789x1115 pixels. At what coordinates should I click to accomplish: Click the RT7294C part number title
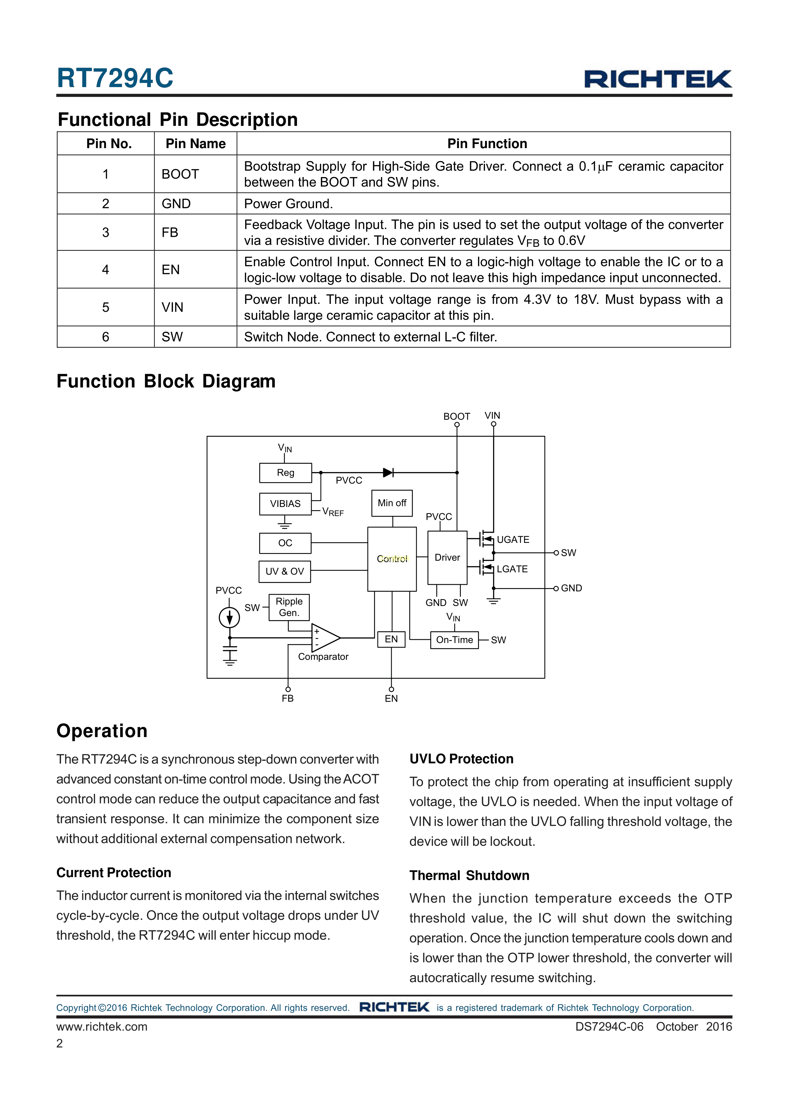[x=115, y=78]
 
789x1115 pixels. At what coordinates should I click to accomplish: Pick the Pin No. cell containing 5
[x=106, y=307]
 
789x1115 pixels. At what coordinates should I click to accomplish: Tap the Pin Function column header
[x=487, y=144]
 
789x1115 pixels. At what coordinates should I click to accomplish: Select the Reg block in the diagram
[x=286, y=473]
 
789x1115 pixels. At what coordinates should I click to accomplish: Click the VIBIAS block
[x=285, y=503]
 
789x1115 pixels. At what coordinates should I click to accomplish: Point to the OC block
[x=285, y=543]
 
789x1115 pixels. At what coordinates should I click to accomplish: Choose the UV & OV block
[x=285, y=571]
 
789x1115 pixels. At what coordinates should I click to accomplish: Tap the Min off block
[x=392, y=503]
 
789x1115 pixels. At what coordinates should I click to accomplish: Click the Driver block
[x=447, y=557]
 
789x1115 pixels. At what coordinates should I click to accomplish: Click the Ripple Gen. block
[x=289, y=607]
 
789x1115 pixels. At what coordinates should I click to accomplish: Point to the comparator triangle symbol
[x=325, y=638]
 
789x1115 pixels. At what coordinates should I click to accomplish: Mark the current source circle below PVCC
[x=229, y=618]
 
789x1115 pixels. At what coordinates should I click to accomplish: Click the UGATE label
[x=513, y=539]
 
